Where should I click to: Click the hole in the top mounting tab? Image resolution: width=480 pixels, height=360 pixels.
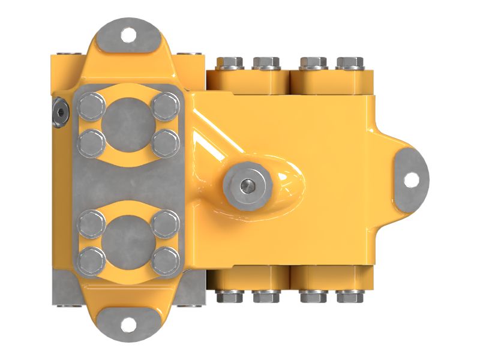pos(128,35)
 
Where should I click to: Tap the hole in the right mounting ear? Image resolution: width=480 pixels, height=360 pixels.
pos(410,179)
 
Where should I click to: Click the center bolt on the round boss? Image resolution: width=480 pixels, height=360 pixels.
pos(245,187)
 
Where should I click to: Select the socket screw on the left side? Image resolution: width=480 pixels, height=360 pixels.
pos(61,113)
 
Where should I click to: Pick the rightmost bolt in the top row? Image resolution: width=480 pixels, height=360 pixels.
pos(350,62)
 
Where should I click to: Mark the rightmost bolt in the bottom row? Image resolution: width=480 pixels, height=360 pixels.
pos(350,296)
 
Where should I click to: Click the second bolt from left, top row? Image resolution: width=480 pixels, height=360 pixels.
pos(266,62)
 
